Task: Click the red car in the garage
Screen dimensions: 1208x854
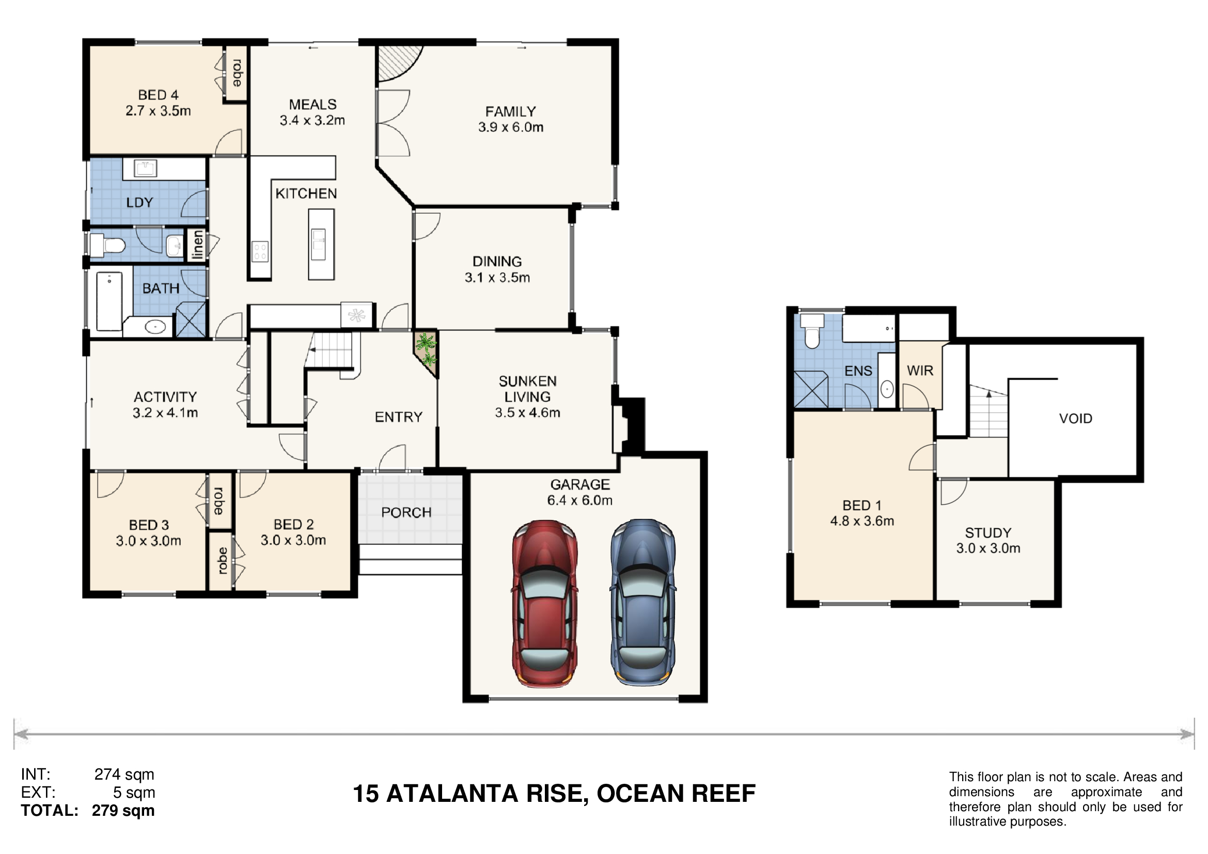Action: pos(544,603)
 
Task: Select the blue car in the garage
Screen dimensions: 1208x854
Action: pos(643,602)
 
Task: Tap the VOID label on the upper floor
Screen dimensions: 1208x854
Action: pos(1075,419)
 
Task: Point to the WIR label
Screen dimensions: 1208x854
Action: pos(920,371)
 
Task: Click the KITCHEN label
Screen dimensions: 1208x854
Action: pos(306,194)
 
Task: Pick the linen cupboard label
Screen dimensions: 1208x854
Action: pos(197,245)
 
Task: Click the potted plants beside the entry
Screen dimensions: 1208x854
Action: pos(426,351)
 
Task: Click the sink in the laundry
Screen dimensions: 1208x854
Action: pos(145,168)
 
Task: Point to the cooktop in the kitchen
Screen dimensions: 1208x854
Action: pos(260,251)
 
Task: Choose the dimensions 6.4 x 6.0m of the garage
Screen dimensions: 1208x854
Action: pos(580,500)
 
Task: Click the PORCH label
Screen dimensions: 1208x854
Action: pos(406,512)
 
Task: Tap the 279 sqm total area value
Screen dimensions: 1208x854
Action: pos(123,810)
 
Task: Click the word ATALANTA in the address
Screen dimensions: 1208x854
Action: pos(452,794)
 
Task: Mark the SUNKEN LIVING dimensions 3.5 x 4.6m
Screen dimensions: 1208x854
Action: pos(527,413)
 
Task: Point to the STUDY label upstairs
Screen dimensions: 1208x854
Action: pos(988,533)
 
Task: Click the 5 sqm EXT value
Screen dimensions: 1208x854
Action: pos(134,793)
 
